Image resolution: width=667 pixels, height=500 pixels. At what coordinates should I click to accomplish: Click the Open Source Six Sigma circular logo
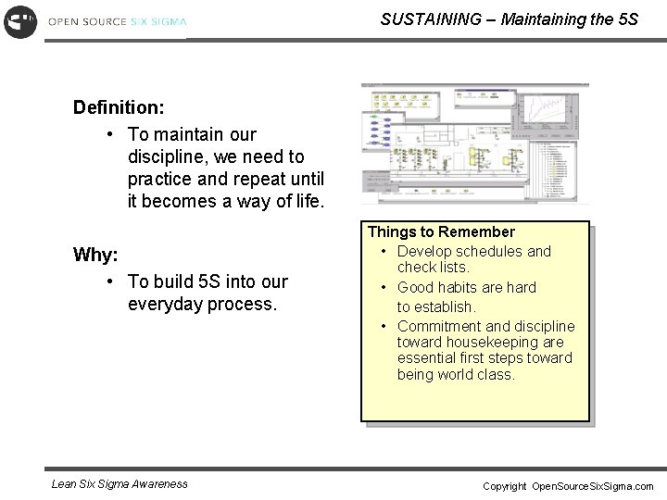click(x=19, y=20)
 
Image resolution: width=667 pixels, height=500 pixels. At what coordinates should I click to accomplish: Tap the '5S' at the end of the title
click(x=627, y=19)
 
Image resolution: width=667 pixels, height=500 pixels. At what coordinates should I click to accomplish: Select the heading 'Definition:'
click(x=119, y=107)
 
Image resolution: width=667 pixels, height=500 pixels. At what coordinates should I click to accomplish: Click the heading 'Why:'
click(x=95, y=255)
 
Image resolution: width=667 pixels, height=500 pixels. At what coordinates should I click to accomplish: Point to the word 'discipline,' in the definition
click(x=168, y=156)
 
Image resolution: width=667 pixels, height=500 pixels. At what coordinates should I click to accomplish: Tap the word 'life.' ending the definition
click(x=303, y=201)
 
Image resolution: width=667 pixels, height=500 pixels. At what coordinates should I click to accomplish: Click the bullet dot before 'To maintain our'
click(x=110, y=133)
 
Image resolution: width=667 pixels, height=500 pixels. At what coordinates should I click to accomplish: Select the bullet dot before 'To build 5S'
click(x=110, y=281)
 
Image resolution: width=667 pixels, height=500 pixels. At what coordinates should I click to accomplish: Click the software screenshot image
click(x=474, y=144)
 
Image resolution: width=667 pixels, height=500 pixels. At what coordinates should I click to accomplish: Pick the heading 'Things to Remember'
click(x=441, y=231)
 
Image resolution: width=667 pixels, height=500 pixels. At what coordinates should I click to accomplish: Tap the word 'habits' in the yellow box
click(x=463, y=288)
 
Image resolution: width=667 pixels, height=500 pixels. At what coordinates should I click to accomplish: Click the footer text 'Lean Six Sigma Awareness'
click(x=120, y=483)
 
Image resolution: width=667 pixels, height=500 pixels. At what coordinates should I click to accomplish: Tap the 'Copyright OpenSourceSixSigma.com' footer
click(x=568, y=486)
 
